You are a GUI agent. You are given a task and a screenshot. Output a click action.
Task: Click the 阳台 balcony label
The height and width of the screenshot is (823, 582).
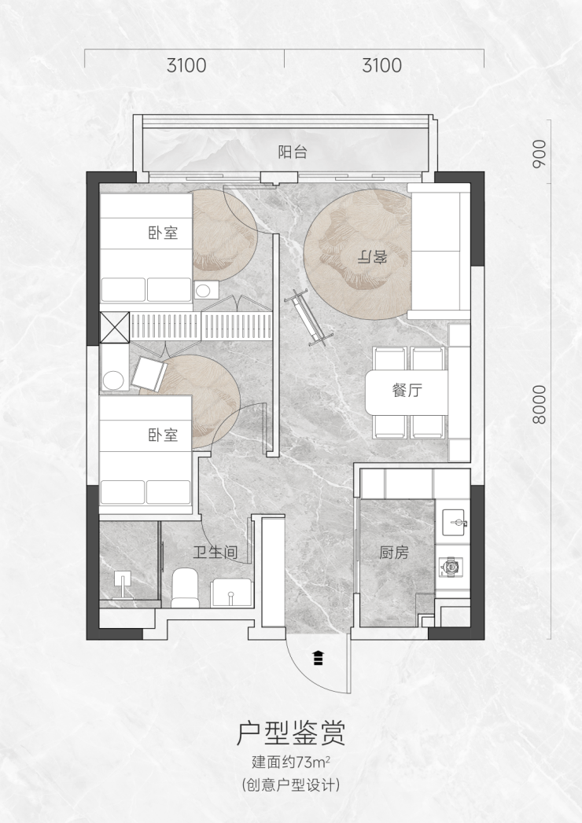292,152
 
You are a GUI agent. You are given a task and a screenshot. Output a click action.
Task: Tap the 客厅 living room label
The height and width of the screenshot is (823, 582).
372,257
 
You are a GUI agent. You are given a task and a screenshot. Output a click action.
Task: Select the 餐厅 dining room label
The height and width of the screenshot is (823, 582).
407,390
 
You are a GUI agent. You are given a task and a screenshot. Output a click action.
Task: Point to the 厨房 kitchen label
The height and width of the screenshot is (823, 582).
394,552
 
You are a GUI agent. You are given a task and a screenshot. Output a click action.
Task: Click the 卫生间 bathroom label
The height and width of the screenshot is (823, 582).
215,552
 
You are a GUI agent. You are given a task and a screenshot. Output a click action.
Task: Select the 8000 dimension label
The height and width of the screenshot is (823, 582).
539,404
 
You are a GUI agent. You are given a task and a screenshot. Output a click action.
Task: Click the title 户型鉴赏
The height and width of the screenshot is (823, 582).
291,733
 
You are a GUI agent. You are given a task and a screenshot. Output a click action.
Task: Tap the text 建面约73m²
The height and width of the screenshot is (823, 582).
290,762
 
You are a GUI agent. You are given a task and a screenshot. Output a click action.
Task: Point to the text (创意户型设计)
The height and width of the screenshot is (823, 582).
291,785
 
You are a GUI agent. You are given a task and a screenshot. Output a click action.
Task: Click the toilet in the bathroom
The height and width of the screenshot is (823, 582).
185,587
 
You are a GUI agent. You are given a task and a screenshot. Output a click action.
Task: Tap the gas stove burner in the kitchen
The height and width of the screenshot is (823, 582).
451,567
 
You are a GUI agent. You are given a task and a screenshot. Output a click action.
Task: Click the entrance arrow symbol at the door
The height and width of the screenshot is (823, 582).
318,657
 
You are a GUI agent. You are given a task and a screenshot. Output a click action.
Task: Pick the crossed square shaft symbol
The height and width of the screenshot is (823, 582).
115,327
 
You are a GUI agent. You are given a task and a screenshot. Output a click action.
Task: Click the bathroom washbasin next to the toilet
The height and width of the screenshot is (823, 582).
231,593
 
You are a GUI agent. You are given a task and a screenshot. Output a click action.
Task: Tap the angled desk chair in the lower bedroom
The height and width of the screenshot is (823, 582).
149,374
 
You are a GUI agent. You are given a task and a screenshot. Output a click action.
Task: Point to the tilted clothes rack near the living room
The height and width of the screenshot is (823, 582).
310,318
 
